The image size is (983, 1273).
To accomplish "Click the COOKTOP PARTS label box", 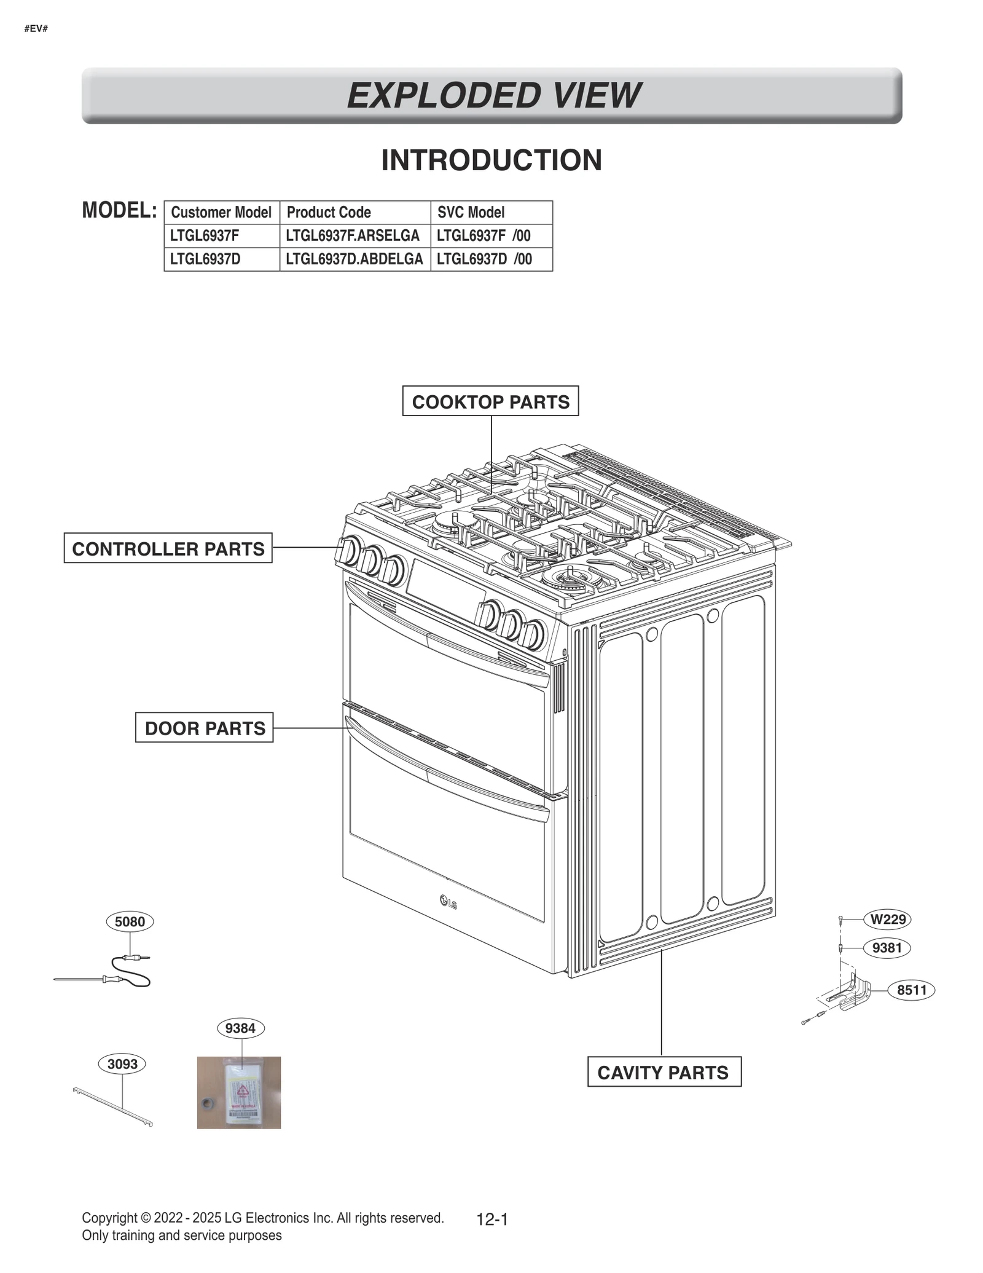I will [x=490, y=401].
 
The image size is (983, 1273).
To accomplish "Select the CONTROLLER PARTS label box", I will [x=168, y=548].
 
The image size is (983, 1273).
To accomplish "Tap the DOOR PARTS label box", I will [x=205, y=728].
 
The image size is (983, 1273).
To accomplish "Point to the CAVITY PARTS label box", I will [x=664, y=1073].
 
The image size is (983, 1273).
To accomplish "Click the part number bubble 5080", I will [x=130, y=922].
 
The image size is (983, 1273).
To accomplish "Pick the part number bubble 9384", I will [x=240, y=1028].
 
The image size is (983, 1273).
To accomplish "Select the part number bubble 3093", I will [x=122, y=1064].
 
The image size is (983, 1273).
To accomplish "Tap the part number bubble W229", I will [x=888, y=920].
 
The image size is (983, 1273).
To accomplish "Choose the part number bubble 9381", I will [x=887, y=948].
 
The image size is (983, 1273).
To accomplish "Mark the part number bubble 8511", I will [x=911, y=990].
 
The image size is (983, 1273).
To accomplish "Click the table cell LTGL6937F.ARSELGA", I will [x=354, y=236].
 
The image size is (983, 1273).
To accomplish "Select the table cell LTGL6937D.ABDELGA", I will [x=354, y=259].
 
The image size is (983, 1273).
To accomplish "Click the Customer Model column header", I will [x=221, y=213].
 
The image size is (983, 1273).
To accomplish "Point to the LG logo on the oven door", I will [x=448, y=903].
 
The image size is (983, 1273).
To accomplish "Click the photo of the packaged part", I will [x=238, y=1093].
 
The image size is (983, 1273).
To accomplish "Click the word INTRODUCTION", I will [x=491, y=160].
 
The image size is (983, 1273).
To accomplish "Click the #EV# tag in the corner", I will [x=36, y=29].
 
